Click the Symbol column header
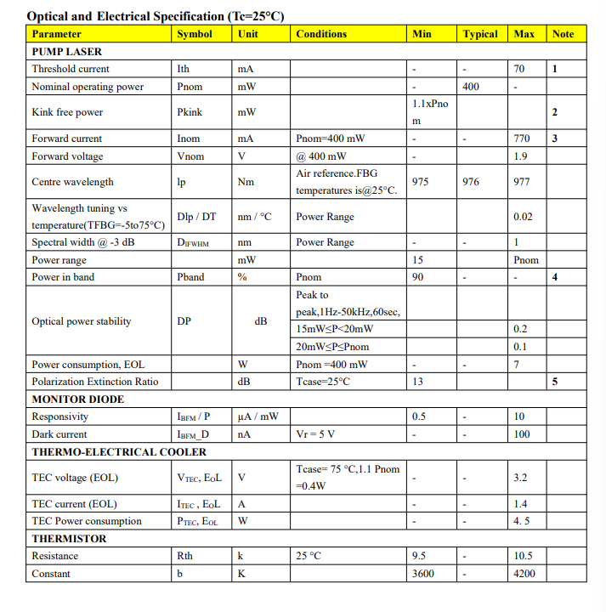coord(194,34)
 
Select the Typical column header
coord(480,34)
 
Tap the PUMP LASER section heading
coord(66,51)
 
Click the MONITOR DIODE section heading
coord(77,399)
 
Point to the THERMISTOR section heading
coord(69,538)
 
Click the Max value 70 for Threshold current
coord(520,69)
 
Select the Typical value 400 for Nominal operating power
coord(471,87)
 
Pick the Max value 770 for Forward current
coord(522,139)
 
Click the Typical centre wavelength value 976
coord(471,182)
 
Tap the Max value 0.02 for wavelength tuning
coord(524,217)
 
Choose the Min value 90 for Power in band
coord(418,277)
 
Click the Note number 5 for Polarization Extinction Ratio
coord(554,382)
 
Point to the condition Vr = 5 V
coord(315,434)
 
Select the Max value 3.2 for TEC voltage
coord(520,478)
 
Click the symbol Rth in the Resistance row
coord(184,556)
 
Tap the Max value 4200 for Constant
coord(524,574)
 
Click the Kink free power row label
coord(67,112)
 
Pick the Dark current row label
coord(59,434)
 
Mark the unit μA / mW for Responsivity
coord(258,416)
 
